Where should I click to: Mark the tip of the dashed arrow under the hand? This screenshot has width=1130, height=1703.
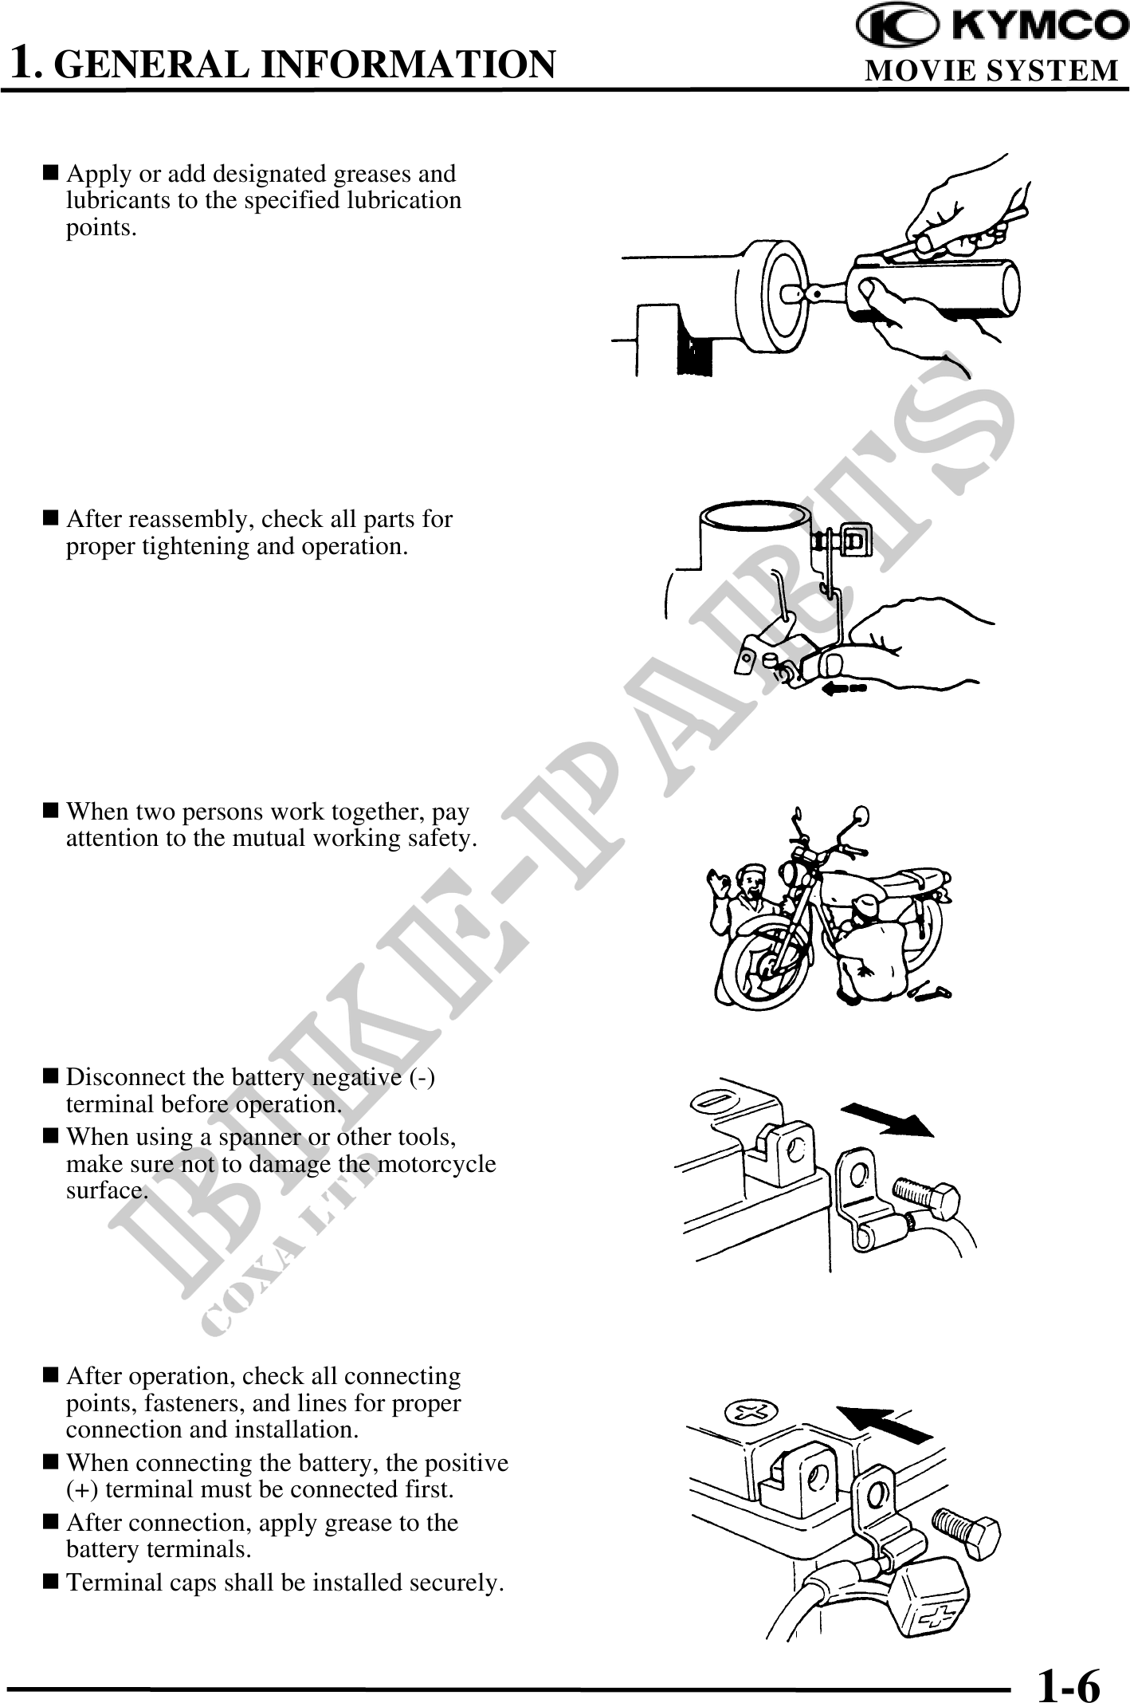(821, 687)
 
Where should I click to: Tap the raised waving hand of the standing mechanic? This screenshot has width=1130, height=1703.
(718, 883)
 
